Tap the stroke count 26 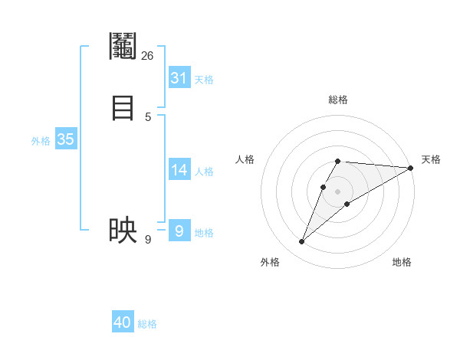point(148,55)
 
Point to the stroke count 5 point(148,116)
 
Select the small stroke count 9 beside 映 point(148,240)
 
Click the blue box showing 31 point(179,78)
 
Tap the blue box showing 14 point(179,170)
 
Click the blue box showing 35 point(65,139)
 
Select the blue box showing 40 point(123,322)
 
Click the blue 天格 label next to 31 point(204,80)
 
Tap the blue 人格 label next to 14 point(204,172)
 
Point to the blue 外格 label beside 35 point(41,141)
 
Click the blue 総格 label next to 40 point(147,324)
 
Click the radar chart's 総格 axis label point(337,100)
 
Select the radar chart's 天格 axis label point(431,159)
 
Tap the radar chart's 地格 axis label point(402,262)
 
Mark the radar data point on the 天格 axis point(410,168)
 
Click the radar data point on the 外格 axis point(302,242)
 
